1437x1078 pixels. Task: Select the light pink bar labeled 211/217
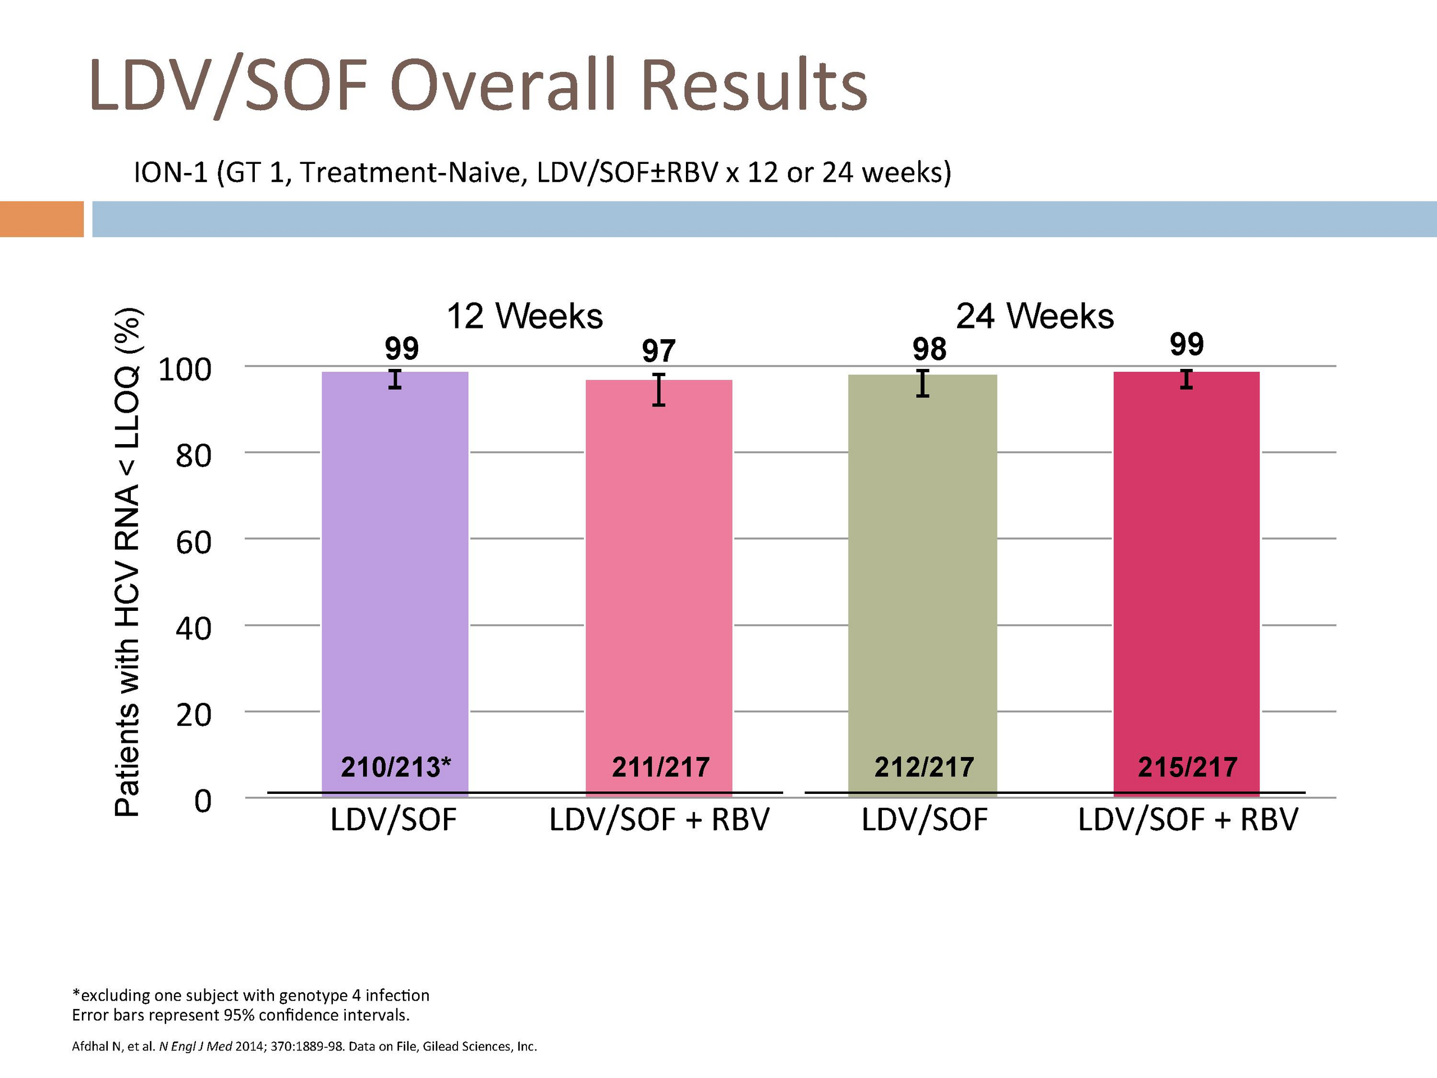pyautogui.click(x=659, y=588)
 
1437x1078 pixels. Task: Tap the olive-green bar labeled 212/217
pyautogui.click(x=922, y=586)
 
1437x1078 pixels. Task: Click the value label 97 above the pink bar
pyautogui.click(x=659, y=351)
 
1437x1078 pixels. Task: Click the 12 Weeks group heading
pyautogui.click(x=525, y=317)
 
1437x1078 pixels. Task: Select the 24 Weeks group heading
pyautogui.click(x=1035, y=317)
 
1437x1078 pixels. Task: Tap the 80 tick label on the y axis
pyautogui.click(x=194, y=455)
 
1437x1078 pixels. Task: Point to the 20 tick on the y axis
pyautogui.click(x=194, y=715)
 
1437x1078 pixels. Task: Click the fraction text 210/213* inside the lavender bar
pyautogui.click(x=396, y=768)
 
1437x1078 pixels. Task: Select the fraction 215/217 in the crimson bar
pyautogui.click(x=1187, y=768)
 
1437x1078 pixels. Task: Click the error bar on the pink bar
pyautogui.click(x=659, y=390)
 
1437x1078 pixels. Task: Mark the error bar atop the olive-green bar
pyautogui.click(x=922, y=383)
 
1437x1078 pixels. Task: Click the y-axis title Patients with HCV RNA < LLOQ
pyautogui.click(x=128, y=562)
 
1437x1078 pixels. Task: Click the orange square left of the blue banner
pyautogui.click(x=42, y=219)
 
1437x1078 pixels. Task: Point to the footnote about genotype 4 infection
pyautogui.click(x=251, y=995)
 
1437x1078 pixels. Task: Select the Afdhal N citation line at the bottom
pyautogui.click(x=304, y=1046)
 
